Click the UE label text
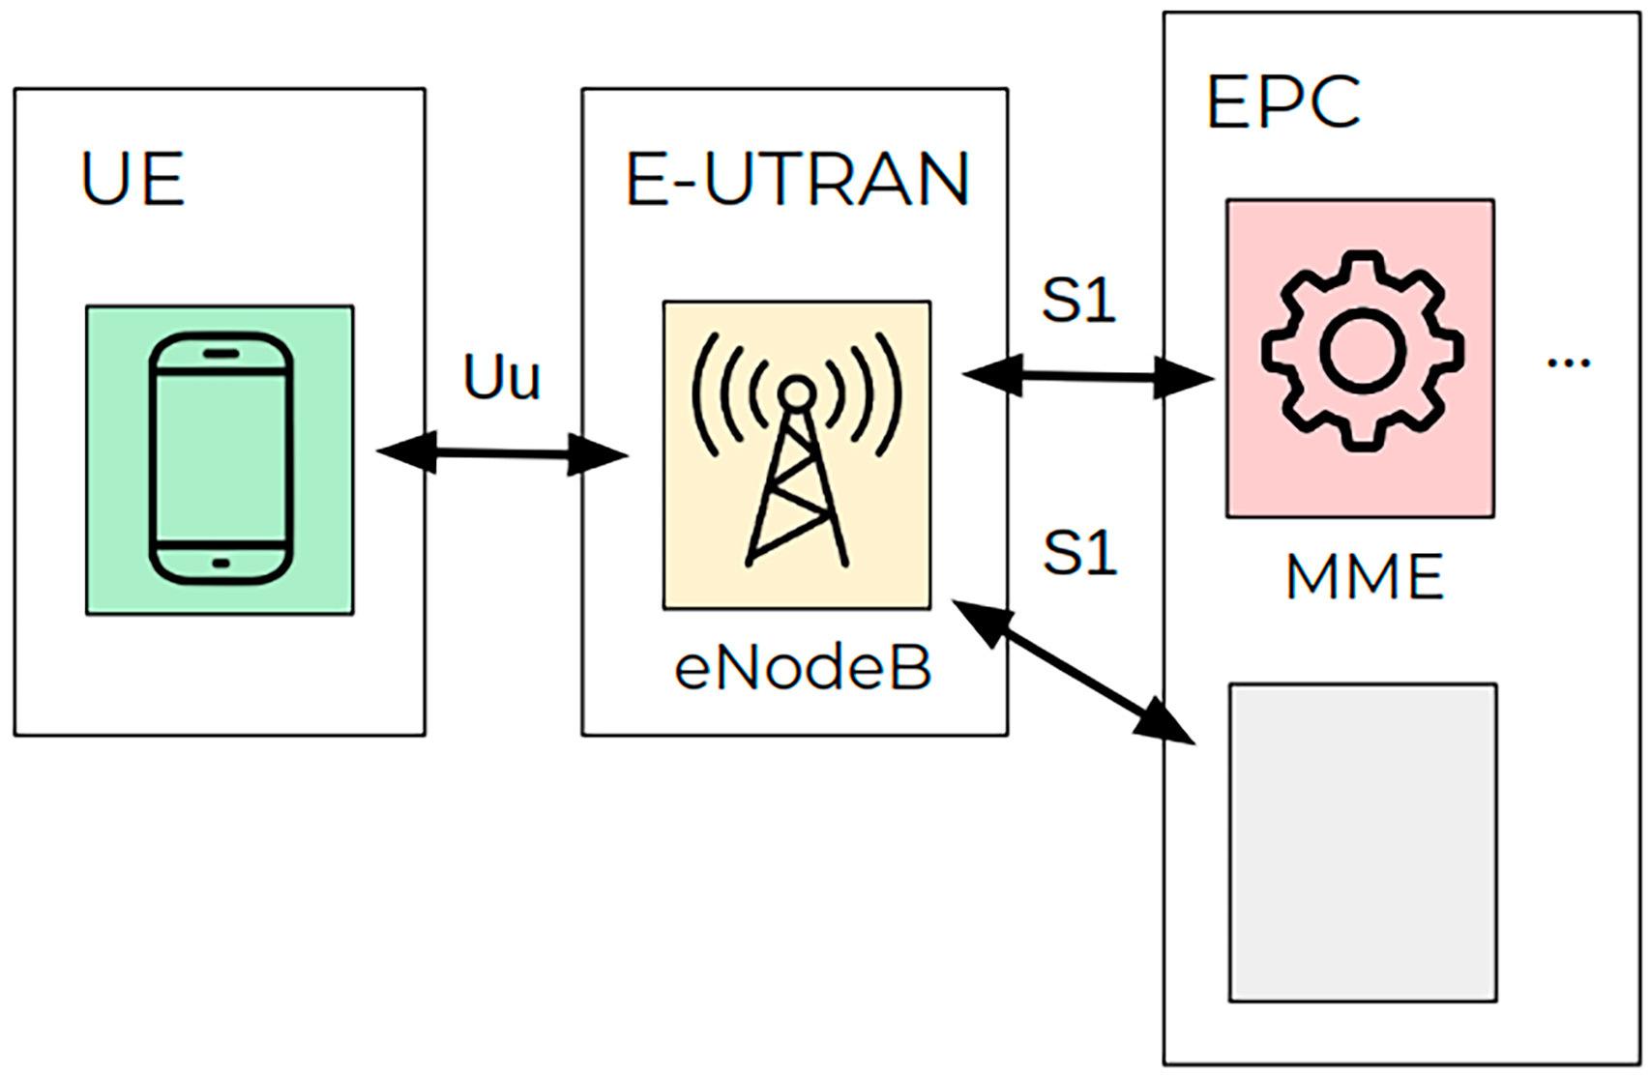click(133, 180)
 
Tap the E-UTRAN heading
click(797, 180)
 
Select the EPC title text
click(1282, 102)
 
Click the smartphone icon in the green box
click(221, 458)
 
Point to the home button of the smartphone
click(221, 563)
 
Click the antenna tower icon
click(797, 454)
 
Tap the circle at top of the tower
click(796, 392)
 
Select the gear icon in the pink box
click(1361, 350)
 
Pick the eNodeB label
click(803, 668)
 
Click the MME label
click(1364, 577)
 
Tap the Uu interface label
click(501, 378)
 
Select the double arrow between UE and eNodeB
click(501, 452)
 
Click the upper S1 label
click(1078, 300)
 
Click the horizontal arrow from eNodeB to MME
click(1088, 376)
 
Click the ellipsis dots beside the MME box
click(1568, 363)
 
